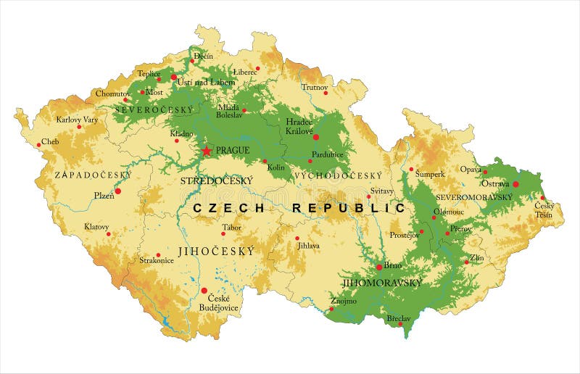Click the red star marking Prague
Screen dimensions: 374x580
point(207,151)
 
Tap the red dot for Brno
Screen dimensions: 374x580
point(378,267)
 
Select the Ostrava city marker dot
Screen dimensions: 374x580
point(515,184)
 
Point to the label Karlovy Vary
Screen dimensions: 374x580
point(78,119)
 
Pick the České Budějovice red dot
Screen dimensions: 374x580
point(204,290)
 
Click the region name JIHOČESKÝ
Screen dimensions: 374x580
point(217,252)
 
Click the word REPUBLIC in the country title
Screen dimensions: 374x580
point(349,208)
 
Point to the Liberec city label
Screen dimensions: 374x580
point(245,72)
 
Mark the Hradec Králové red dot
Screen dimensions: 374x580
point(315,136)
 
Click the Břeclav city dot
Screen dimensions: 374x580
point(400,324)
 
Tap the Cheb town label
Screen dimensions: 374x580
point(50,141)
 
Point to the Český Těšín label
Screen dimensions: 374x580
point(544,209)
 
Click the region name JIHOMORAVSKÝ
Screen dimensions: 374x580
point(381,283)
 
